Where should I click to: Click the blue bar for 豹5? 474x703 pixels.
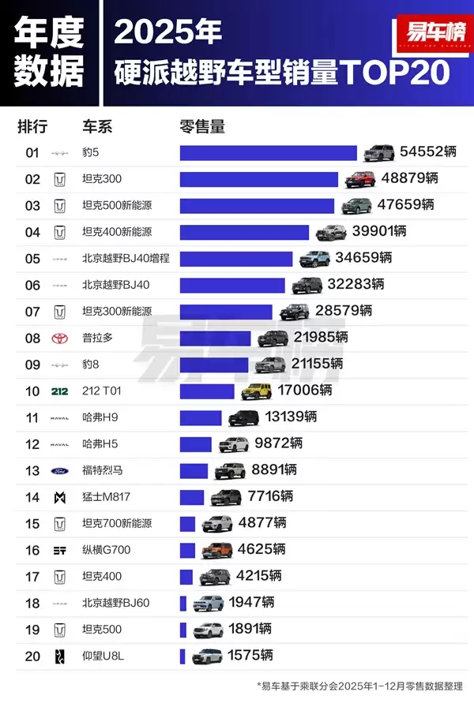268,153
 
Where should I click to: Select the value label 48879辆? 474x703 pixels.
408,179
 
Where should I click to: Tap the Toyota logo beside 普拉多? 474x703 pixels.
59,338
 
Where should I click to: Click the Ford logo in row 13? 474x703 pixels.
59,470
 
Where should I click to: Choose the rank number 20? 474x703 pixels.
32,656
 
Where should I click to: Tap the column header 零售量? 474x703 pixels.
202,126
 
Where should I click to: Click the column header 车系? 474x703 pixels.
97,126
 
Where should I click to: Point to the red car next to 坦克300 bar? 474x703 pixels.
360,179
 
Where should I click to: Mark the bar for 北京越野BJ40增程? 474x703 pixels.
235,259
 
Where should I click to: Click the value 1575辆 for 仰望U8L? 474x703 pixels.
250,656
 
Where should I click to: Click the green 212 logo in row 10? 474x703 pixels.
59,391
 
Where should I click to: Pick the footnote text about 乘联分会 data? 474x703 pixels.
360,686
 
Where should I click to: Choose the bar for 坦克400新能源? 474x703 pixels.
244,232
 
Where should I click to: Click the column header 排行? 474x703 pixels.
32,126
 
